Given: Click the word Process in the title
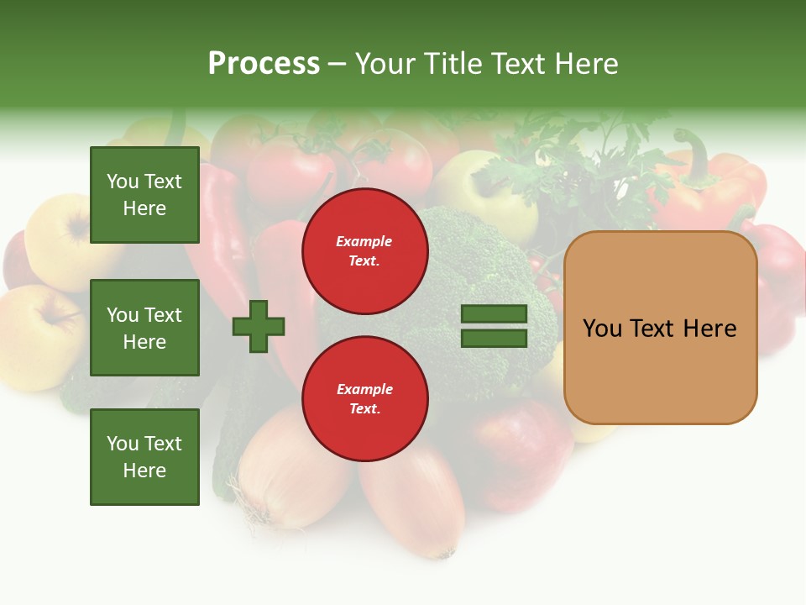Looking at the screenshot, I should click(264, 64).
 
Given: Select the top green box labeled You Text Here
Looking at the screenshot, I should click(144, 195).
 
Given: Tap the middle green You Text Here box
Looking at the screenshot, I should click(144, 328).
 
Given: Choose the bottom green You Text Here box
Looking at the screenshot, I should click(144, 457).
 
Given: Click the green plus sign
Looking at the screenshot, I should click(259, 326).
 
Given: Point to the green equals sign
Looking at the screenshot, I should click(494, 326).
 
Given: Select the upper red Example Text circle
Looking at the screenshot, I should click(365, 251).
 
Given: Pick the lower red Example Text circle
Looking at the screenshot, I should click(365, 399).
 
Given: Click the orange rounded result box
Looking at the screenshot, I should click(660, 328).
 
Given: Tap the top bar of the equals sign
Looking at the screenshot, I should click(494, 314).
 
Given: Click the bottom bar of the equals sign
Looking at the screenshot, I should click(494, 339).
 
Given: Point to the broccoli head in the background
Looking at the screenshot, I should click(470, 252).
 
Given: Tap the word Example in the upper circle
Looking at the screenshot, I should click(364, 241).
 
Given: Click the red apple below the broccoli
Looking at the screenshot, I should click(512, 454).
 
